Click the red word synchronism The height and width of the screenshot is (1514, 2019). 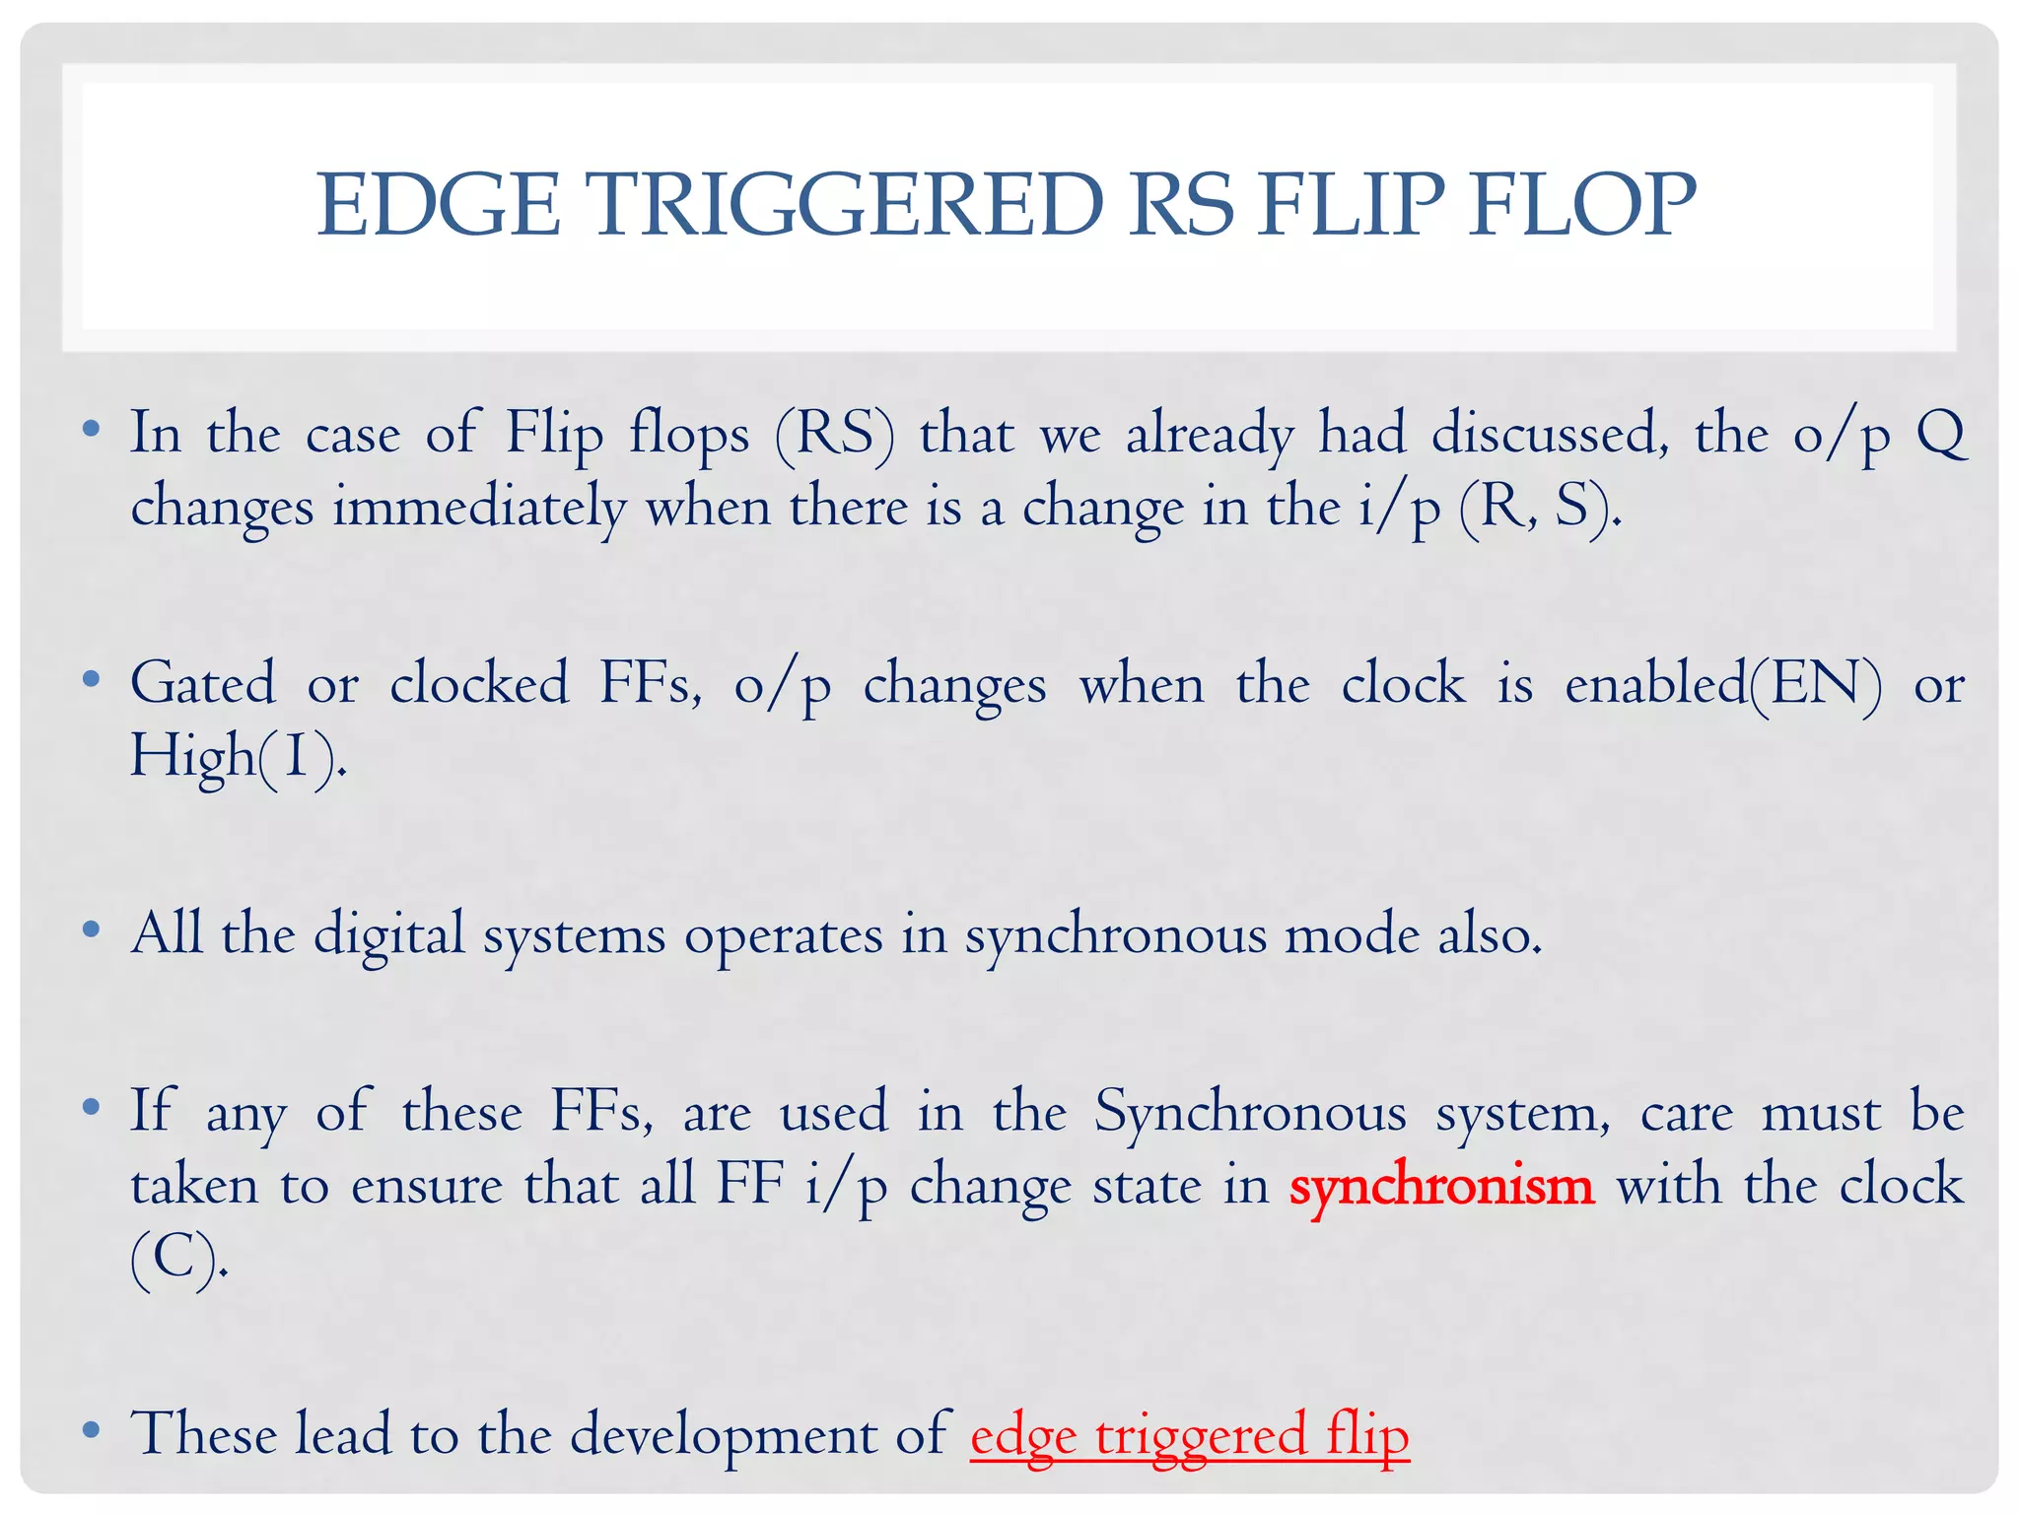coord(1440,1186)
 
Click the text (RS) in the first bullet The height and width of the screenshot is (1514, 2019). coord(835,434)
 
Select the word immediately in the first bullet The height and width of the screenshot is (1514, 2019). coord(479,509)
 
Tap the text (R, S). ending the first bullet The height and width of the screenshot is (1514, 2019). coord(1540,509)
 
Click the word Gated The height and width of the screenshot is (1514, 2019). coord(203,683)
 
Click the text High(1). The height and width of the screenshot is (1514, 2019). coord(238,757)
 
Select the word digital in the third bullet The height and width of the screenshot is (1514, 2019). coord(389,934)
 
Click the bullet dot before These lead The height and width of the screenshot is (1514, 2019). coord(92,1430)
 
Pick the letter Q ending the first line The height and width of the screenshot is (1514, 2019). coord(1940,434)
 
